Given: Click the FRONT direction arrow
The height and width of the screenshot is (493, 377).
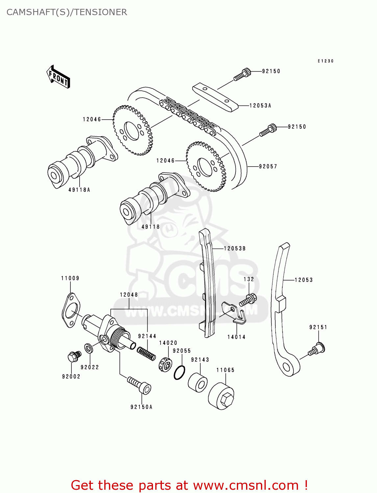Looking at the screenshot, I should pyautogui.click(x=58, y=77).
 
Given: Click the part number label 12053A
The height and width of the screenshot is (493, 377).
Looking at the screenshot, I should pyautogui.click(x=260, y=106).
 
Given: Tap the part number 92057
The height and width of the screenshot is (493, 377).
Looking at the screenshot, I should pyautogui.click(x=268, y=167).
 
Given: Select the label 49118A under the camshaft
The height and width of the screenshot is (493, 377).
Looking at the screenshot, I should pyautogui.click(x=79, y=190).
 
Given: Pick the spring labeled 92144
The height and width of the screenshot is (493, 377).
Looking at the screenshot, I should pyautogui.click(x=146, y=354).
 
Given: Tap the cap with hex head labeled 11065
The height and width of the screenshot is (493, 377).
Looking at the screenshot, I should pyautogui.click(x=221, y=396).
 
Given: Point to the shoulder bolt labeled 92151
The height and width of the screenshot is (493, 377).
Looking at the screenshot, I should pyautogui.click(x=317, y=349).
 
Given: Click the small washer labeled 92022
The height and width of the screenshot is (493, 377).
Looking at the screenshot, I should pyautogui.click(x=88, y=348).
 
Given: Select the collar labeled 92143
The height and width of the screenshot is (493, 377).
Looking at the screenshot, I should pyautogui.click(x=198, y=383).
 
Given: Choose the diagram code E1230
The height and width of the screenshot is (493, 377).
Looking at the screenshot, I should pyautogui.click(x=325, y=61).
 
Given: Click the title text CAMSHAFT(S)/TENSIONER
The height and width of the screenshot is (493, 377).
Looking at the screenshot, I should pyautogui.click(x=67, y=12).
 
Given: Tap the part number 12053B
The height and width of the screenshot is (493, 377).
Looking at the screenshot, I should pyautogui.click(x=235, y=249).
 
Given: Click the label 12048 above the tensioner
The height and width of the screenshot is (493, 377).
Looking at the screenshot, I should pyautogui.click(x=129, y=295).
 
